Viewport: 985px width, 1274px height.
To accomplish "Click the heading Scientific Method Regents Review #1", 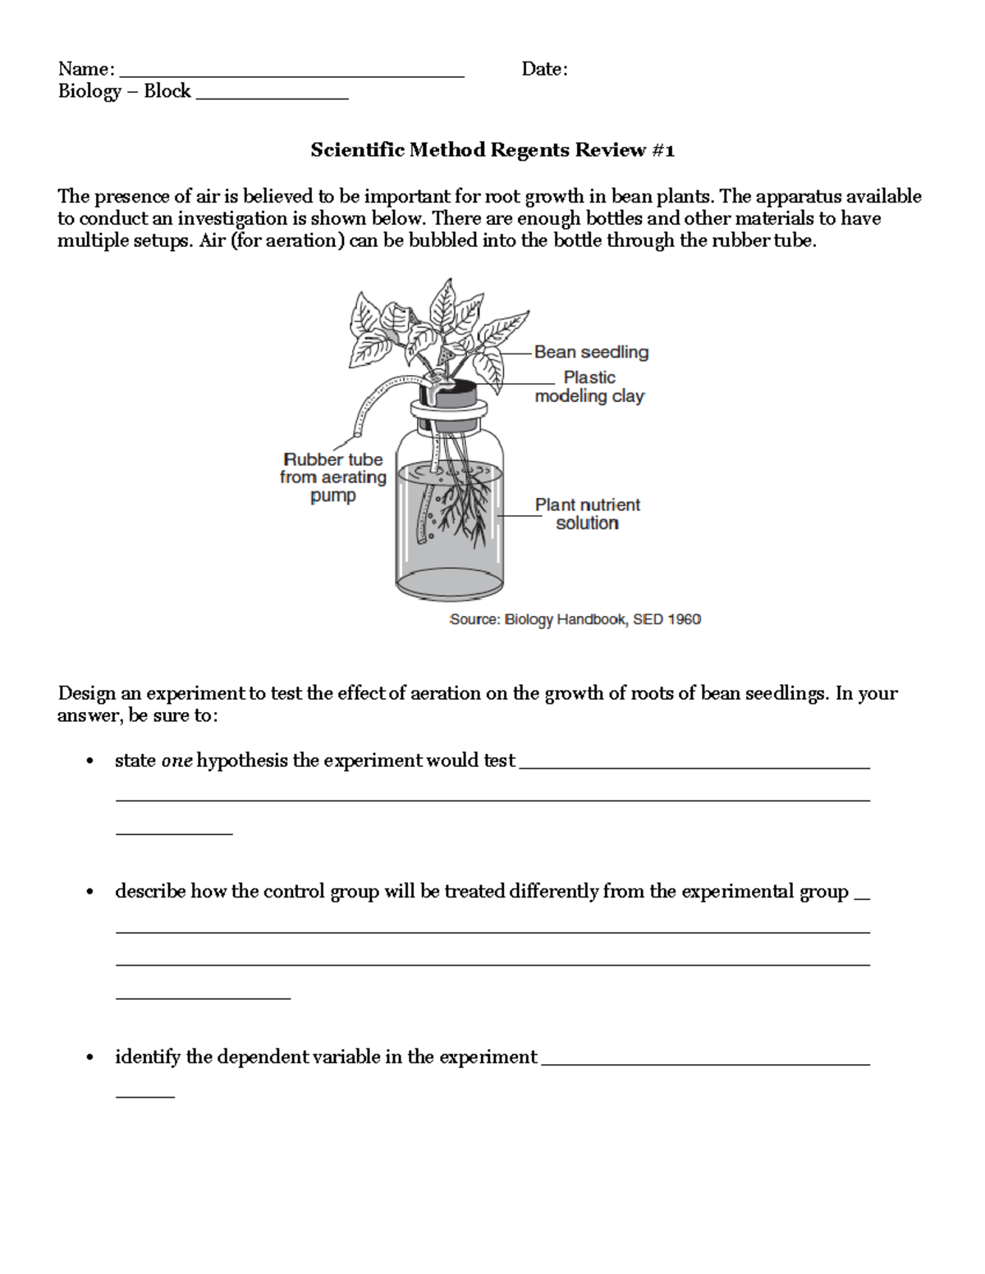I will click(492, 150).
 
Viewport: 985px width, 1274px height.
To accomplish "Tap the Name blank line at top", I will click(291, 74).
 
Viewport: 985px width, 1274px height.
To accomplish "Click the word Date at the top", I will click(543, 69).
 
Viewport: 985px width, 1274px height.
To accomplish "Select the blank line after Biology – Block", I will click(272, 96).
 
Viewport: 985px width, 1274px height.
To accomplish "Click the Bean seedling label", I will click(591, 352).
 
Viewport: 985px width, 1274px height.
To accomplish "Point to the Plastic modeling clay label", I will click(589, 386).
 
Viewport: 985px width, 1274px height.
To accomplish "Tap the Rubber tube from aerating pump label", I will click(332, 477).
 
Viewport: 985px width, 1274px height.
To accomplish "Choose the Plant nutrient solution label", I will click(587, 514).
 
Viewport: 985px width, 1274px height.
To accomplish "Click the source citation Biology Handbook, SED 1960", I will click(575, 619).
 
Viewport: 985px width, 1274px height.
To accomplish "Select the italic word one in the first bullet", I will click(176, 760).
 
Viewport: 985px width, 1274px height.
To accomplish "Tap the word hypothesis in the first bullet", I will click(242, 760).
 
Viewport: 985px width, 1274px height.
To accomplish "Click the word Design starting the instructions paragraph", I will click(87, 694).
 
